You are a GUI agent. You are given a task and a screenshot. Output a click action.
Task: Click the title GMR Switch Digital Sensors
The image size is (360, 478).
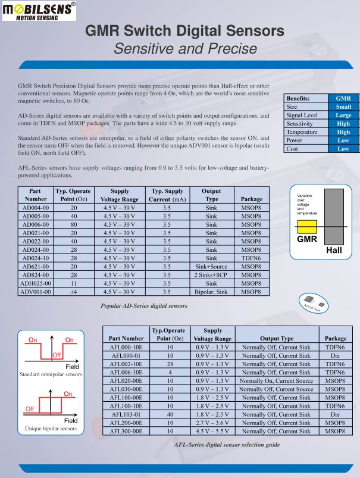tap(184, 31)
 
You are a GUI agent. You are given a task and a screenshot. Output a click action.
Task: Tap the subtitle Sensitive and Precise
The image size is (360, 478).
tap(185, 49)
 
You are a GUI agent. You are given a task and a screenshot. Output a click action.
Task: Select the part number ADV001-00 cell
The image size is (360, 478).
tap(36, 292)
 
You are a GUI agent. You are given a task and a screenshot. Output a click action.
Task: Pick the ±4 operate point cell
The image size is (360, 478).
tap(74, 292)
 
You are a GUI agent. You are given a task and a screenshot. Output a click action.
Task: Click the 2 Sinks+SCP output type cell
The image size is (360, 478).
tap(211, 276)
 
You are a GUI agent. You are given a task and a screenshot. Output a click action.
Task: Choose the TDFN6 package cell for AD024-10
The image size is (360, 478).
tap(252, 258)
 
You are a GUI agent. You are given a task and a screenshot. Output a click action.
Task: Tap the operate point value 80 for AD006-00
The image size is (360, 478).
tap(74, 225)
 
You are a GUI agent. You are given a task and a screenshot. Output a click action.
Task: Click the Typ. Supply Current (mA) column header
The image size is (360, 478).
tap(168, 195)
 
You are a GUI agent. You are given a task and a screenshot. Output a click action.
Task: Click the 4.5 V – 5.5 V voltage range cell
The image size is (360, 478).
tap(212, 431)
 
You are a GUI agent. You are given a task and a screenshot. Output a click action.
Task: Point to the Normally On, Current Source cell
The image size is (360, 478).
tap(276, 380)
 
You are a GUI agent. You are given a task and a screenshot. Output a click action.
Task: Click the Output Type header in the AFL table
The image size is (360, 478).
tap(276, 338)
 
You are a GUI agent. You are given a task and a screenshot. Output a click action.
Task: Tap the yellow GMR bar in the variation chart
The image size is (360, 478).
tap(306, 227)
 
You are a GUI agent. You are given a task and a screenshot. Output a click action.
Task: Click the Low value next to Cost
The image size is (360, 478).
tap(343, 149)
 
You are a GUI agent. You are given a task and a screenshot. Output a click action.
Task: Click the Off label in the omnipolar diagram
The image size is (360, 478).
tap(57, 355)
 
